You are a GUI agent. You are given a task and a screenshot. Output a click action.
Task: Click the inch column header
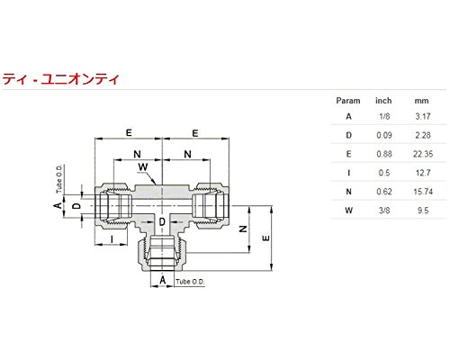pos(383,102)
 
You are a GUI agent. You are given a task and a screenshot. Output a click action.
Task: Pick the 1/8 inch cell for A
pos(383,115)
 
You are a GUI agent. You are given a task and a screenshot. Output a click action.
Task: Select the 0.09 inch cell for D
pos(383,135)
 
